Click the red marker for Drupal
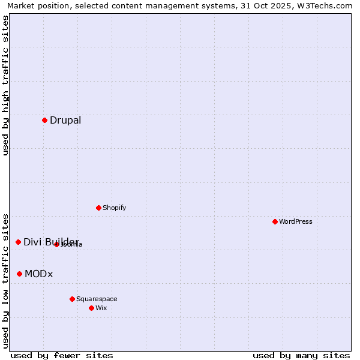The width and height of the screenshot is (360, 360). tap(44, 120)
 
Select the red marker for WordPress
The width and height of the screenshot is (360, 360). tap(275, 221)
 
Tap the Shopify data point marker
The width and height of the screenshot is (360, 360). tap(98, 208)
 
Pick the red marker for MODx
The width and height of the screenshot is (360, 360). tap(19, 274)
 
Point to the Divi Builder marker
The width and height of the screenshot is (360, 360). tap(18, 242)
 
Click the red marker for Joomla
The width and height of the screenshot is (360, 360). tap(56, 244)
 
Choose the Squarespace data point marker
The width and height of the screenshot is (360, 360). tap(72, 299)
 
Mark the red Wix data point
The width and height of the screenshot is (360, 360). tap(91, 308)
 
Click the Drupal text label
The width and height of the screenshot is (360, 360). tap(65, 120)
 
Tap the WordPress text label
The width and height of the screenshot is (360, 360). tap(296, 221)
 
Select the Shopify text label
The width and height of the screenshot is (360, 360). tap(114, 208)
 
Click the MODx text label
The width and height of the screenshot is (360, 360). tap(39, 274)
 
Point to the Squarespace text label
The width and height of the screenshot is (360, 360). tap(97, 299)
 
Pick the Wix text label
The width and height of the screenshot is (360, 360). tap(101, 308)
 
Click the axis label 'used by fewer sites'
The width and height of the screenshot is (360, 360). tap(62, 355)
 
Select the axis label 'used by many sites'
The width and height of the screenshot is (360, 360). tap(301, 355)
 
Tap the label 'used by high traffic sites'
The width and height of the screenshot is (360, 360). tap(5, 85)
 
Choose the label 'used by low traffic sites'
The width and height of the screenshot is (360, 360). tap(5, 280)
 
